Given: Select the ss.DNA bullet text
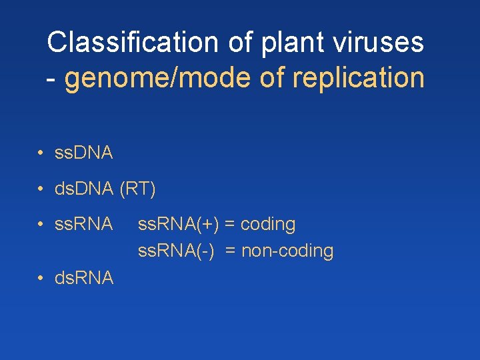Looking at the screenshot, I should tap(84, 153).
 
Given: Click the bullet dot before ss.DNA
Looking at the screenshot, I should tap(41, 153).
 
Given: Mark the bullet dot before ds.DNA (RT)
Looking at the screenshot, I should tap(41, 189).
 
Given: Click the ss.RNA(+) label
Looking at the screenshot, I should tap(178, 225).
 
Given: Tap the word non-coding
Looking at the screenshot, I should tap(287, 251).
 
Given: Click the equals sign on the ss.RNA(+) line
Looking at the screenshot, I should tap(229, 225).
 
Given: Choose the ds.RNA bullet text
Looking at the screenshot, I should tap(84, 277).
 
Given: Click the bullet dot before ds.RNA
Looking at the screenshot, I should tap(41, 277).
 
